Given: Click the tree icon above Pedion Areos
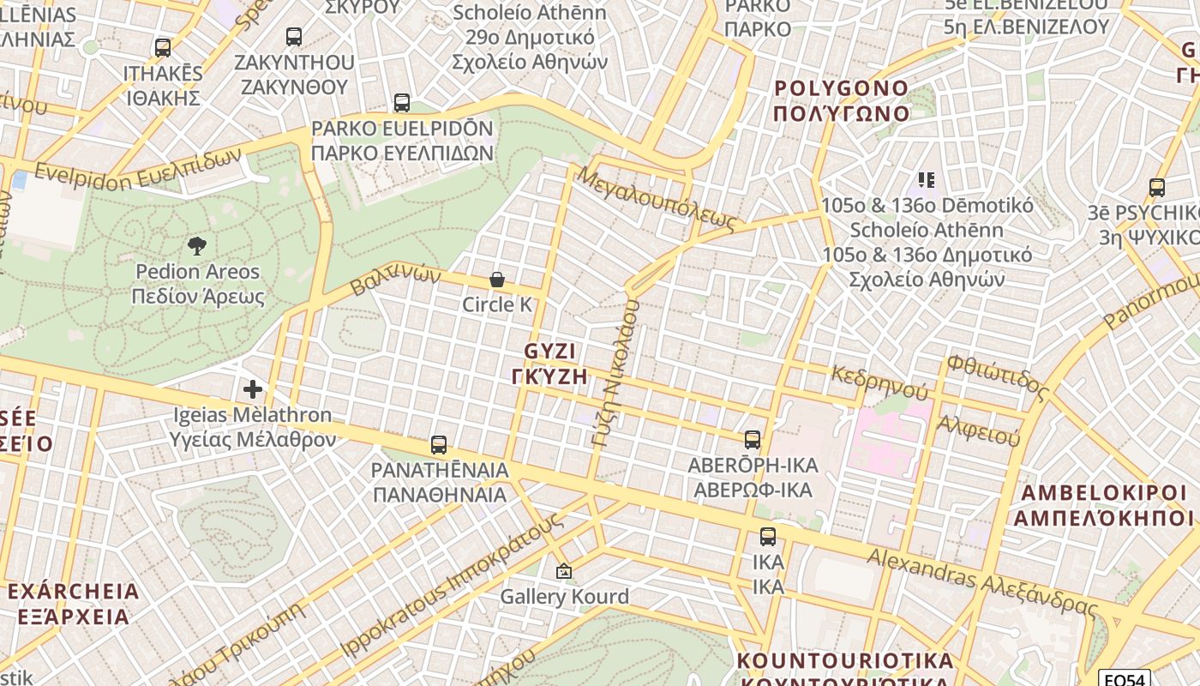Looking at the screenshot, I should pyautogui.click(x=197, y=247).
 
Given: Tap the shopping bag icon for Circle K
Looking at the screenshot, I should pyautogui.click(x=496, y=280).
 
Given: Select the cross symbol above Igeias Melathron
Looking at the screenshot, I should pyautogui.click(x=253, y=389).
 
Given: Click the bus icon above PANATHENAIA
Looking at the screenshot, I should pyautogui.click(x=439, y=445).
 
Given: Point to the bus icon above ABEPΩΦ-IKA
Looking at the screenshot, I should pyautogui.click(x=753, y=440).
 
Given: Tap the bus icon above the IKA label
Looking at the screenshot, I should pyautogui.click(x=768, y=538).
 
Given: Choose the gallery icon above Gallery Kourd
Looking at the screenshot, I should pyautogui.click(x=564, y=571).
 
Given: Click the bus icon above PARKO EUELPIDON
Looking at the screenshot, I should pyautogui.click(x=402, y=103).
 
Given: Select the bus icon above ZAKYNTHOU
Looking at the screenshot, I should pyautogui.click(x=294, y=37).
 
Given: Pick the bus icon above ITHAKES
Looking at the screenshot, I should pyautogui.click(x=163, y=48).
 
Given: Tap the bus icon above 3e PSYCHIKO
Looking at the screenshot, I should pyautogui.click(x=1157, y=188).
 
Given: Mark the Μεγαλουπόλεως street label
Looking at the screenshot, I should pyautogui.click(x=657, y=199).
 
